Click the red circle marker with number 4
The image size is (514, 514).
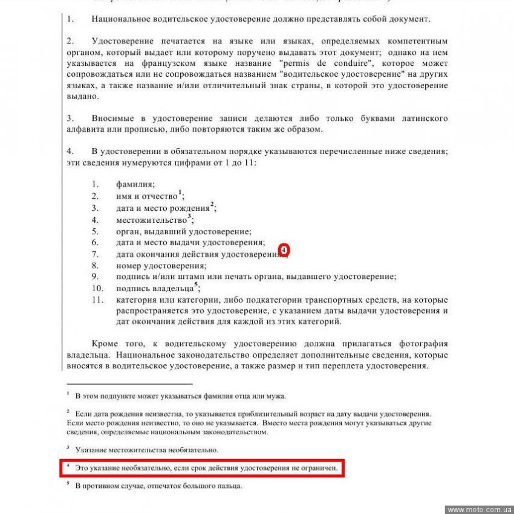coord(284,249)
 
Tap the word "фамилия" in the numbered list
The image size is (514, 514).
coord(135,185)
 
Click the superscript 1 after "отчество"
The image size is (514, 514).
coord(180,193)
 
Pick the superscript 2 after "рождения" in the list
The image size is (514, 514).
coord(212,204)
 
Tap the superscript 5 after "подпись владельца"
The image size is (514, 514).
coord(196,285)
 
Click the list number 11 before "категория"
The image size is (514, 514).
coord(97,300)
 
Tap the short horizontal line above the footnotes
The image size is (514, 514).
coord(129,383)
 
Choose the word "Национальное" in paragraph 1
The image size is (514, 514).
coord(120,19)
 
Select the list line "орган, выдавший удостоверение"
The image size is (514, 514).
coord(184,231)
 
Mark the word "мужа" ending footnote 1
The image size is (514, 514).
coord(275,397)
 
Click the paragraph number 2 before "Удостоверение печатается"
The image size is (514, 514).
coord(70,41)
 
